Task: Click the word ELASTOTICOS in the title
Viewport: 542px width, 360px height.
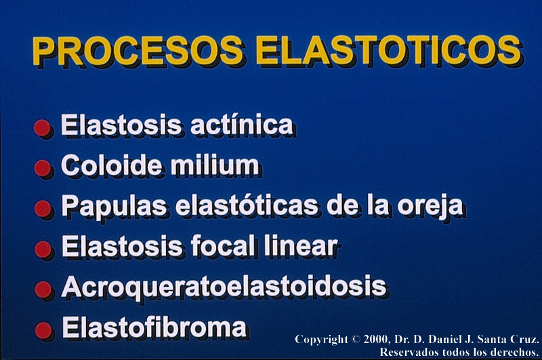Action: point(388,50)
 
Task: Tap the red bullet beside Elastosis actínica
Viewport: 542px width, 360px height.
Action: point(42,128)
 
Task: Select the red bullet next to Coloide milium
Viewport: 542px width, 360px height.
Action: point(43,168)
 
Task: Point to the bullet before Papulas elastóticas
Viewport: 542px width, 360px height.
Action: point(43,209)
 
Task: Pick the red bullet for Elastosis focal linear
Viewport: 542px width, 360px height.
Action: point(43,249)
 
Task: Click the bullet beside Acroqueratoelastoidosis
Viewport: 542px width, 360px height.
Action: point(43,289)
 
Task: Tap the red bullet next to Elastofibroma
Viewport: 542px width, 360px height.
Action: point(43,330)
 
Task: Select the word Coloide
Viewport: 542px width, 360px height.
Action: point(111,165)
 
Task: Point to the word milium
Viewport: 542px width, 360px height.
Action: point(215,165)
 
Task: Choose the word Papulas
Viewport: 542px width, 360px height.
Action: point(114,205)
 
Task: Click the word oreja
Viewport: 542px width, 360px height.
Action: point(430,206)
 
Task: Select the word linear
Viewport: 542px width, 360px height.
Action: point(300,246)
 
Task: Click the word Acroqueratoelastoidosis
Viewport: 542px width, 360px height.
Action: point(224,287)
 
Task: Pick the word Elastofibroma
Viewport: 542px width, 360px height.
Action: point(154,327)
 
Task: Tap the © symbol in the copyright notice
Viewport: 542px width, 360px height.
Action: point(356,339)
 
